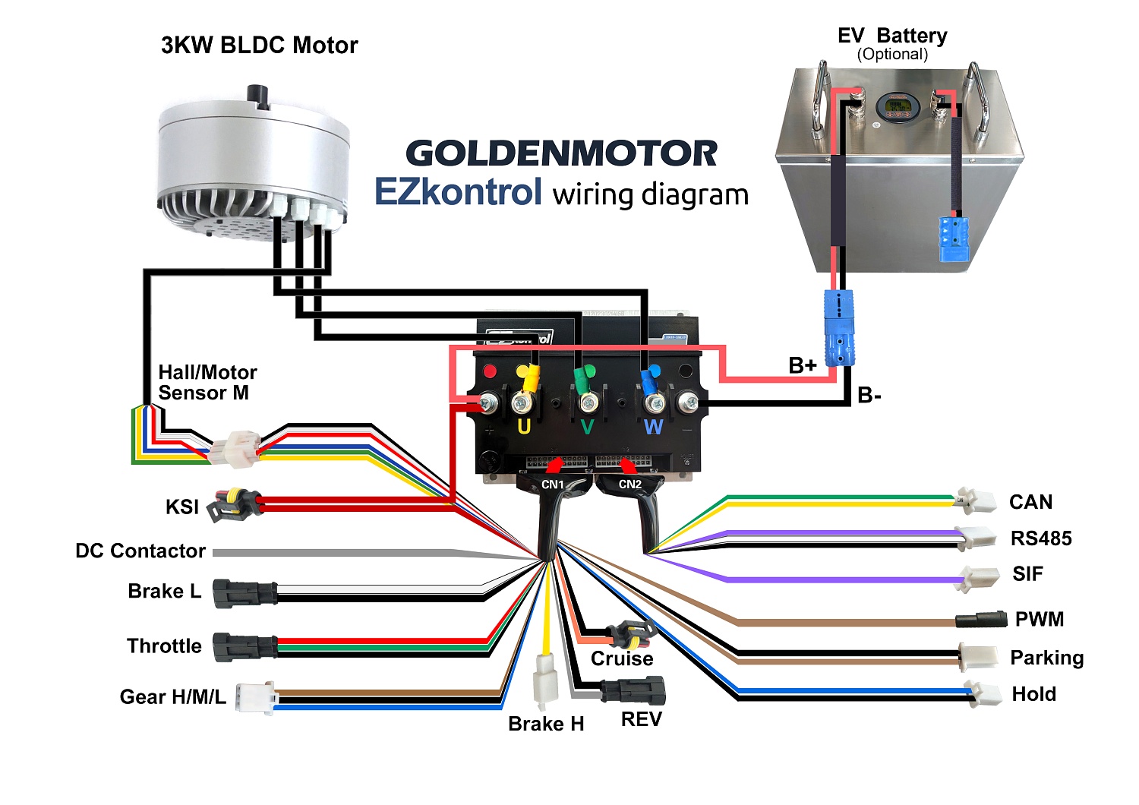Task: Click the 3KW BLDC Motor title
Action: coord(259,46)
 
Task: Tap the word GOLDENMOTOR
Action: coord(561,153)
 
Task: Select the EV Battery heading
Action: coord(892,36)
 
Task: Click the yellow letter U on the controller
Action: coord(524,427)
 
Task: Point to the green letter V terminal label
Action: coord(587,428)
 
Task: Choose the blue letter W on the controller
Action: coord(653,428)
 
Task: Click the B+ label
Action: coord(803,366)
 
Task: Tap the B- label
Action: coord(869,396)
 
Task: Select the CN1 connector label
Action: coord(553,485)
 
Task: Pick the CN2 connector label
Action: coord(630,485)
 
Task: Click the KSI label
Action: coord(182,507)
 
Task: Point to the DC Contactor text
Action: coord(140,551)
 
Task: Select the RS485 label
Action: coord(1041,539)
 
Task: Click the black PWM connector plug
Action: coord(980,619)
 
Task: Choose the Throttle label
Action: coord(164,646)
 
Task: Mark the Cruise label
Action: coord(622,659)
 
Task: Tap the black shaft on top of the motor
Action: coord(259,96)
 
